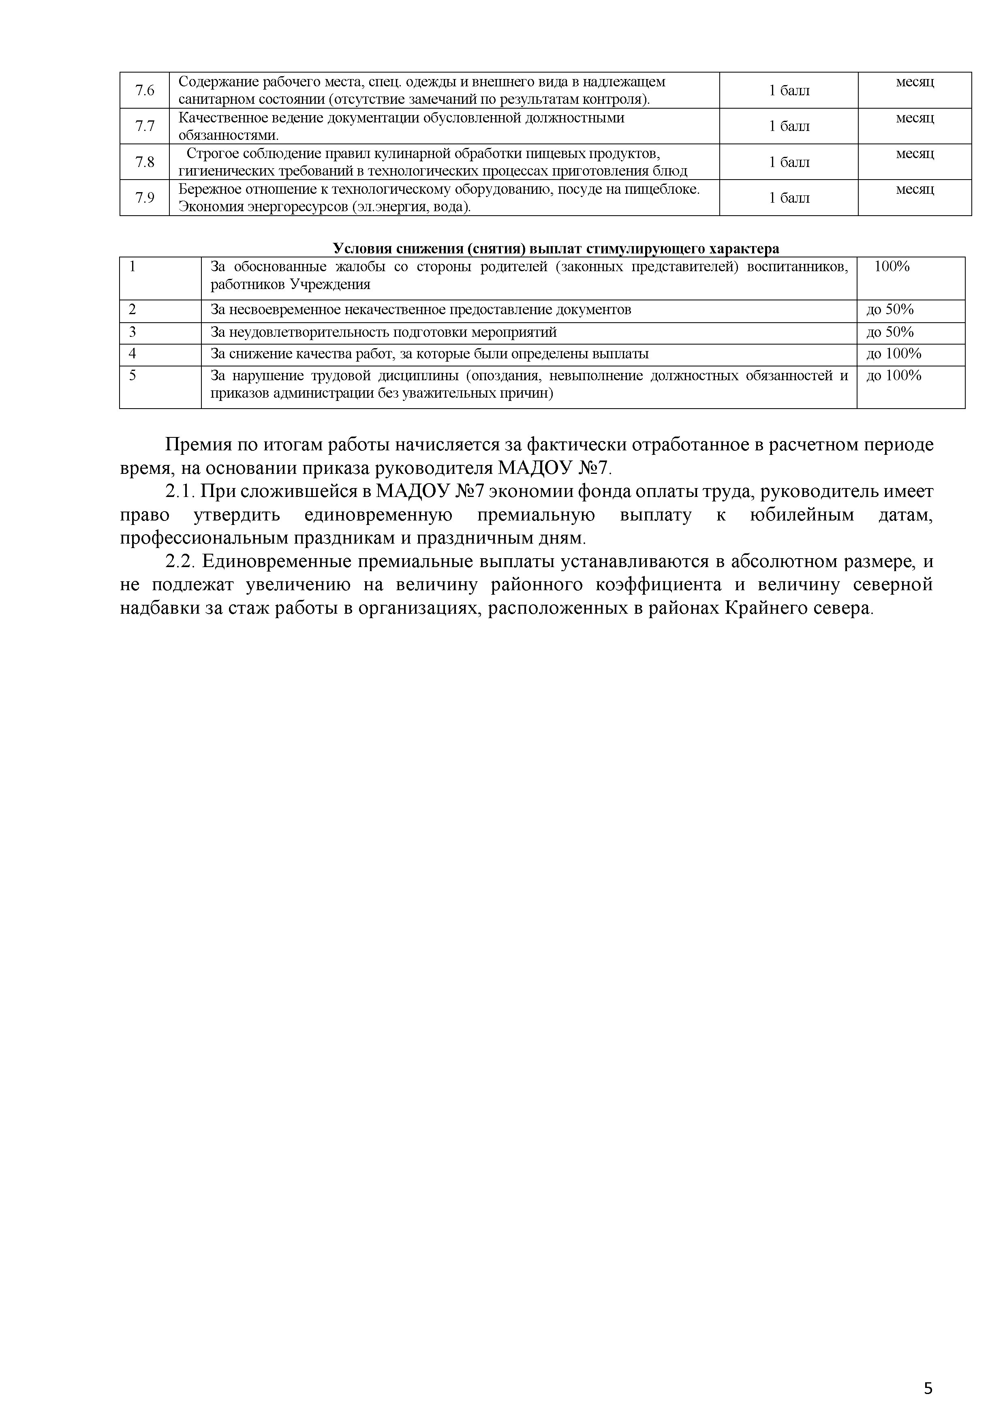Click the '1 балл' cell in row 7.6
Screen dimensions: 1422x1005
tap(789, 90)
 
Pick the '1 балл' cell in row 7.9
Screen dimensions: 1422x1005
tap(789, 198)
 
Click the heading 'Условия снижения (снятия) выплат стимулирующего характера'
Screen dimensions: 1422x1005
tap(556, 249)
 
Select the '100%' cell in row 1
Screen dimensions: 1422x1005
tap(892, 267)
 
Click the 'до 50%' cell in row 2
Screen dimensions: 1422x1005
tap(890, 310)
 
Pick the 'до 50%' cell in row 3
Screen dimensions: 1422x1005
tap(890, 332)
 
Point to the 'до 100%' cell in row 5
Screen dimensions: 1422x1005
tap(894, 375)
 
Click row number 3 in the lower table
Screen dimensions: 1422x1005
tap(133, 332)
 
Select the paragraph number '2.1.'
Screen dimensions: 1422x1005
tap(181, 492)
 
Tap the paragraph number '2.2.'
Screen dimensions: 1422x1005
tap(181, 562)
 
